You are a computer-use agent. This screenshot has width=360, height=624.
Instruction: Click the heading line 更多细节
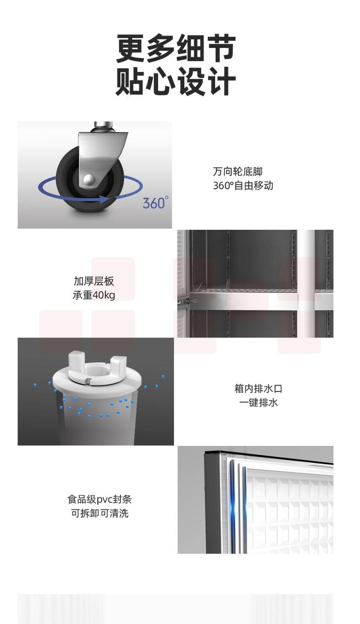[176, 48]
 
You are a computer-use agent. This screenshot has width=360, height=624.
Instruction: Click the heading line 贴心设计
[176, 81]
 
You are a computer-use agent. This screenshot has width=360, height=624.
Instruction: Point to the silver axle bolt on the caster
[89, 179]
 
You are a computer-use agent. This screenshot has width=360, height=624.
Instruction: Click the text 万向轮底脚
[237, 172]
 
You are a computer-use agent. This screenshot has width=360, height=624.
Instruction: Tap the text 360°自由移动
[243, 186]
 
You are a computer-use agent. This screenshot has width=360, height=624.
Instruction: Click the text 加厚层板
[94, 281]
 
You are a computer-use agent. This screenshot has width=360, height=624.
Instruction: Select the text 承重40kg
[94, 295]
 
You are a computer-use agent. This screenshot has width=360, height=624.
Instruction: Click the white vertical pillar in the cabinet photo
[306, 284]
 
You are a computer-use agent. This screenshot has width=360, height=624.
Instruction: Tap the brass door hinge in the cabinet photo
[189, 301]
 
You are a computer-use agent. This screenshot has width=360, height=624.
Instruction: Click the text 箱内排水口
[258, 389]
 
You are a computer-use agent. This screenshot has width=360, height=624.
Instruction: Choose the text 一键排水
[258, 403]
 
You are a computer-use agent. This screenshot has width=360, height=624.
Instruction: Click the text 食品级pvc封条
[99, 499]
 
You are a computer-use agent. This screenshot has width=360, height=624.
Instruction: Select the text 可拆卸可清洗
[99, 513]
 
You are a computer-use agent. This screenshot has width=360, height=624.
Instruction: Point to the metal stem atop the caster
[103, 127]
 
